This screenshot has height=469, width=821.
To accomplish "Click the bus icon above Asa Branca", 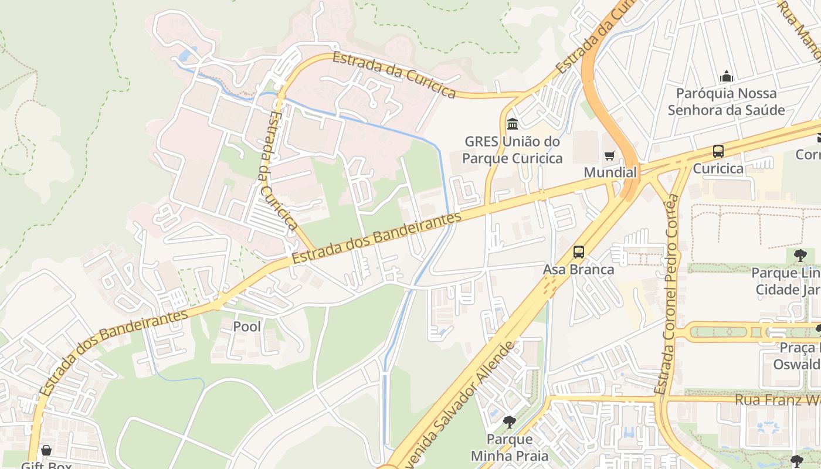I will [x=579, y=252].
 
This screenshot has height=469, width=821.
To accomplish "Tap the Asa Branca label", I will [x=579, y=270].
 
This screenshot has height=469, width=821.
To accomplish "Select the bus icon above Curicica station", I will [x=718, y=151].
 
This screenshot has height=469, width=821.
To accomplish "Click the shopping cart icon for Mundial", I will [x=610, y=155].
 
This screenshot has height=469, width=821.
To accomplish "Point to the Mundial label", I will [x=610, y=172].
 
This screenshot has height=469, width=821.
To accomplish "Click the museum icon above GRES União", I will [x=513, y=124].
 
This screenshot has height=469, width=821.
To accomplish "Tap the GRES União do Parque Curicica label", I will [x=513, y=150].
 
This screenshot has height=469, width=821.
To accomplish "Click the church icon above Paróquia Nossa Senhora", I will [x=727, y=76].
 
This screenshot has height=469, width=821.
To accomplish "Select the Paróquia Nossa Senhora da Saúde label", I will [x=726, y=101].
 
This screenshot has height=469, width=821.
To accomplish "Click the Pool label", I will [x=247, y=327].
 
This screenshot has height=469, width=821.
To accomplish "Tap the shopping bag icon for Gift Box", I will [x=46, y=451].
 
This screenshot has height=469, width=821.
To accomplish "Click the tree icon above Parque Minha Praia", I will [x=510, y=422].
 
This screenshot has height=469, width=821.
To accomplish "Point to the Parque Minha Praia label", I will [x=510, y=447].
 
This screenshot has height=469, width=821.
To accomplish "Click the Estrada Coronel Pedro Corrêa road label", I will [x=670, y=293].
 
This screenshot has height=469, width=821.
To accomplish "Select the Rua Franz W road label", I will [x=777, y=400].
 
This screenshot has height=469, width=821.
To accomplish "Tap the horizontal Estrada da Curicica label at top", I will [x=394, y=75].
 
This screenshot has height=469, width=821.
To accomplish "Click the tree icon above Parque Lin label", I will [x=800, y=256].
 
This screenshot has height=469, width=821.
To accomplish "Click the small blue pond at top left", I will [x=185, y=55].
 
